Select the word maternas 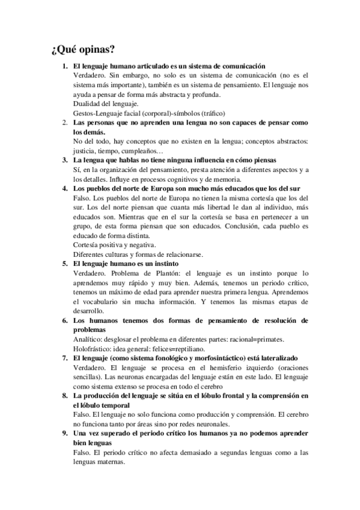(x=112, y=461)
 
